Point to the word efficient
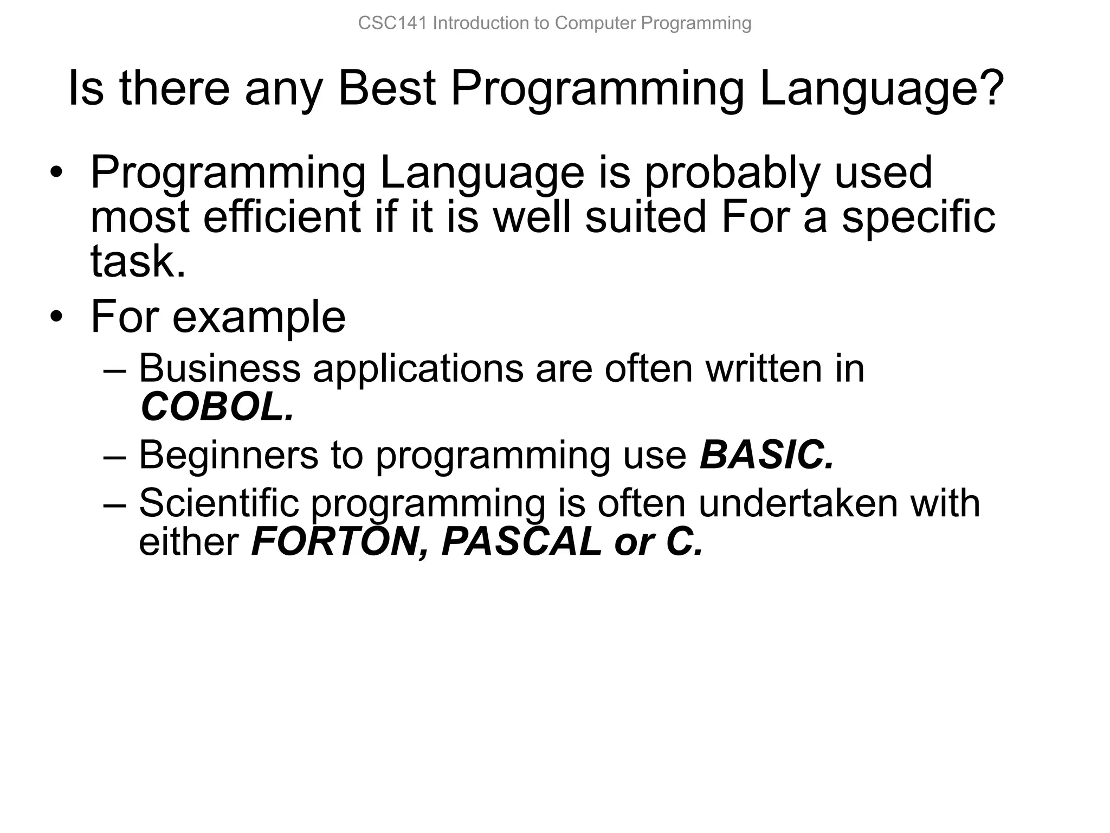(x=282, y=217)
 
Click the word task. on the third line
(x=138, y=261)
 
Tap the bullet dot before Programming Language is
(x=56, y=174)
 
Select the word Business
(x=220, y=368)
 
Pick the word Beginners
(x=228, y=455)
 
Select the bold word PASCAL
(x=521, y=542)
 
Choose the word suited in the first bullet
(x=646, y=217)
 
